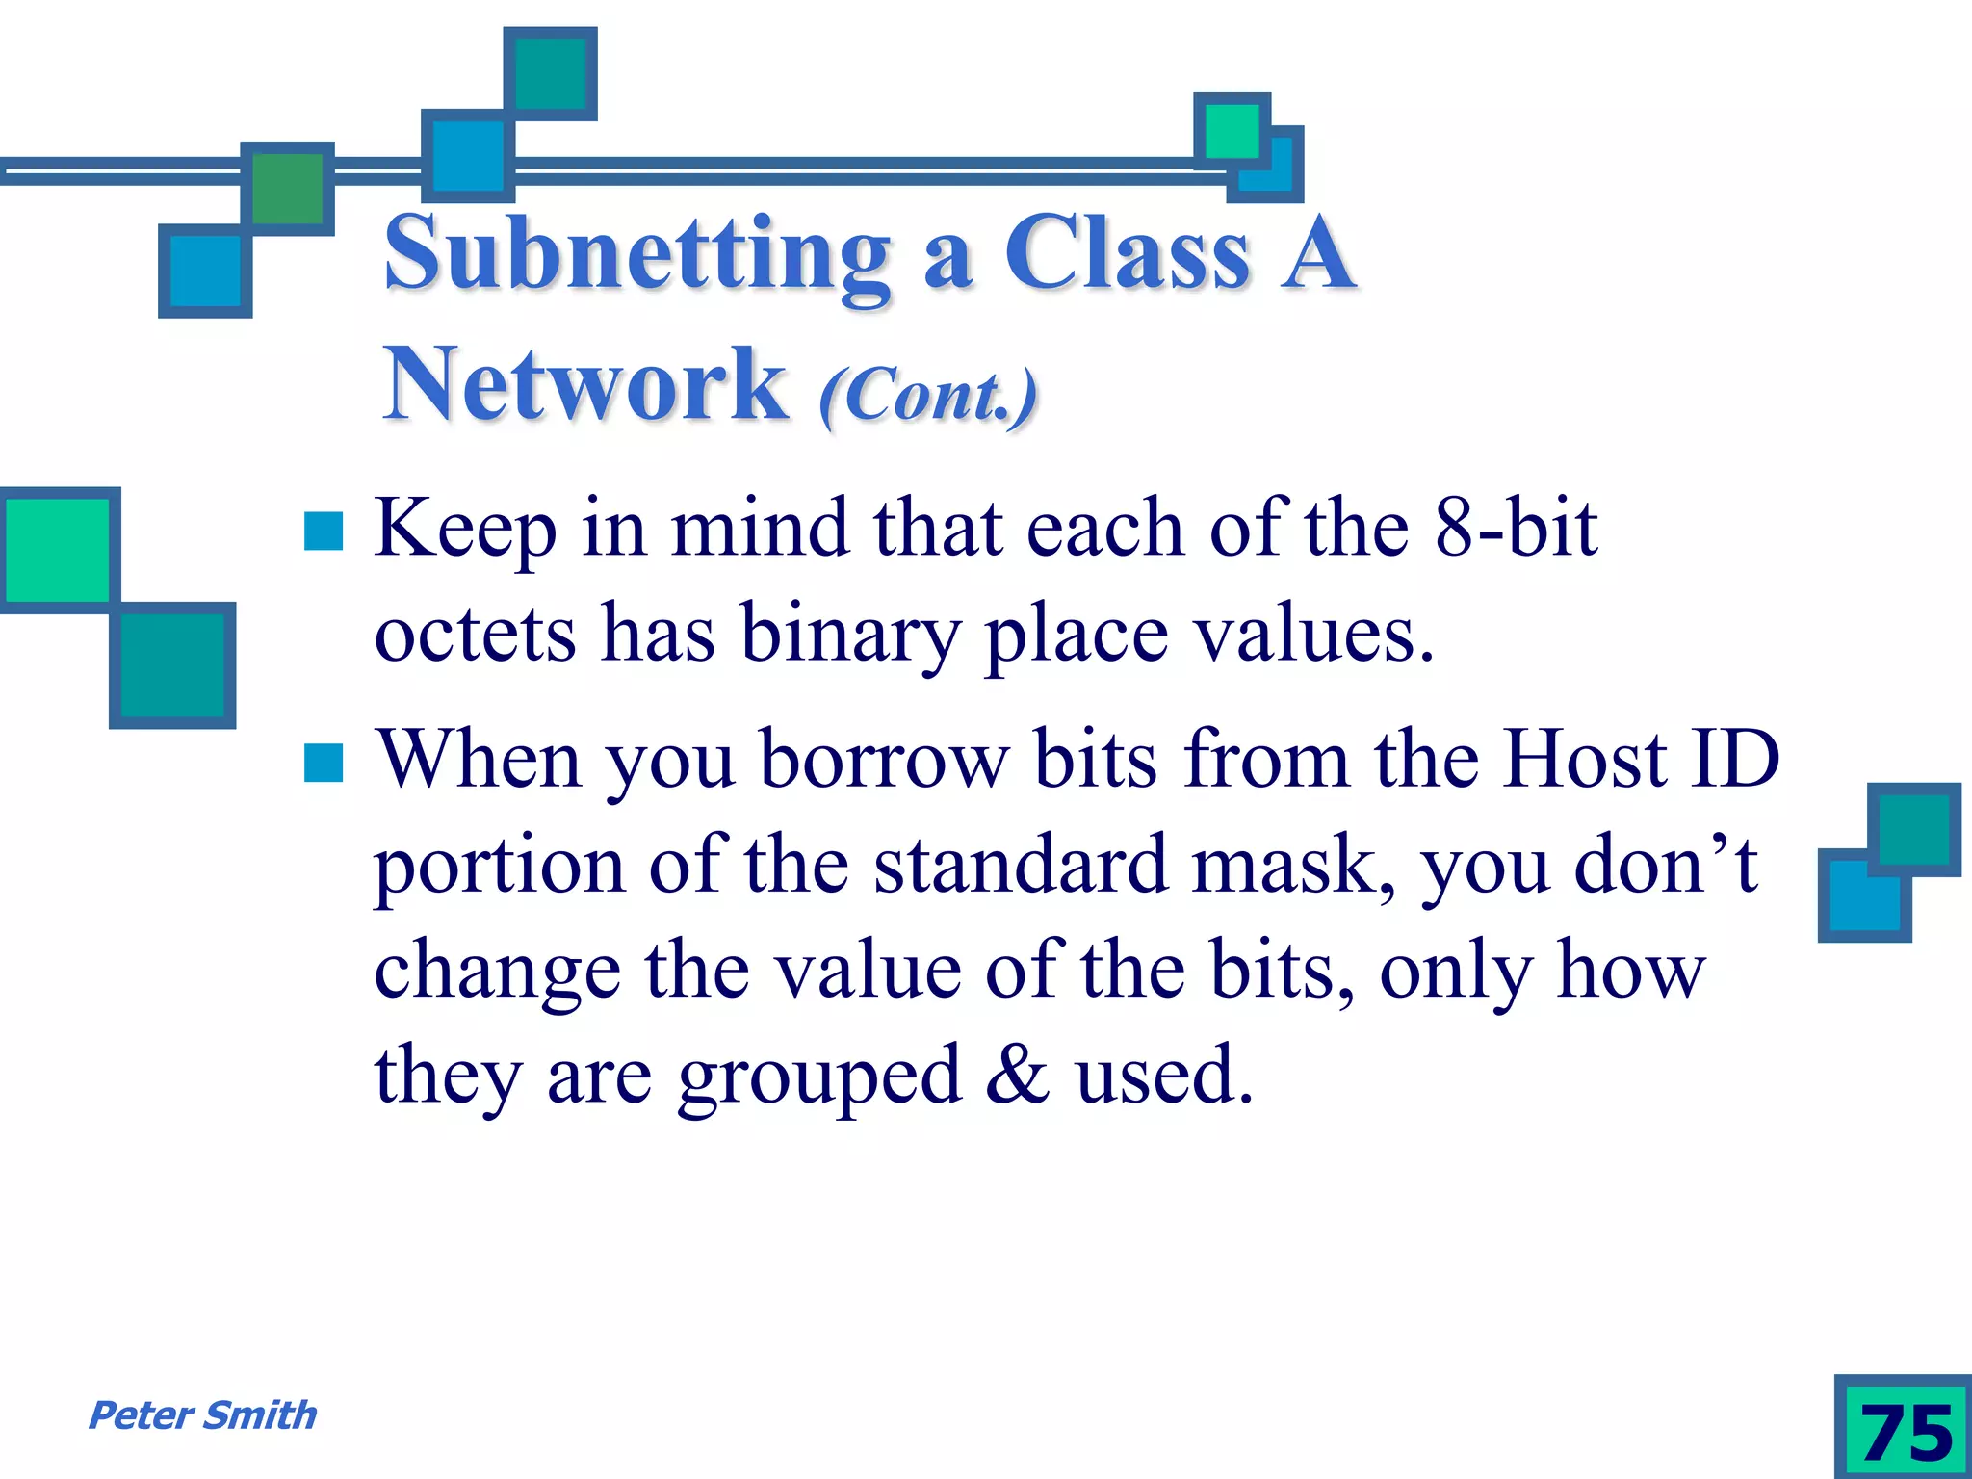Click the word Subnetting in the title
point(637,254)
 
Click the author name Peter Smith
point(202,1415)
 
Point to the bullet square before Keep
point(324,531)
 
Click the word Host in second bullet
point(1584,759)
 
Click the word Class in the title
point(1128,254)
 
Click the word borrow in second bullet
point(885,759)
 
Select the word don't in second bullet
point(1665,865)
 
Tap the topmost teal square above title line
point(551,73)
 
